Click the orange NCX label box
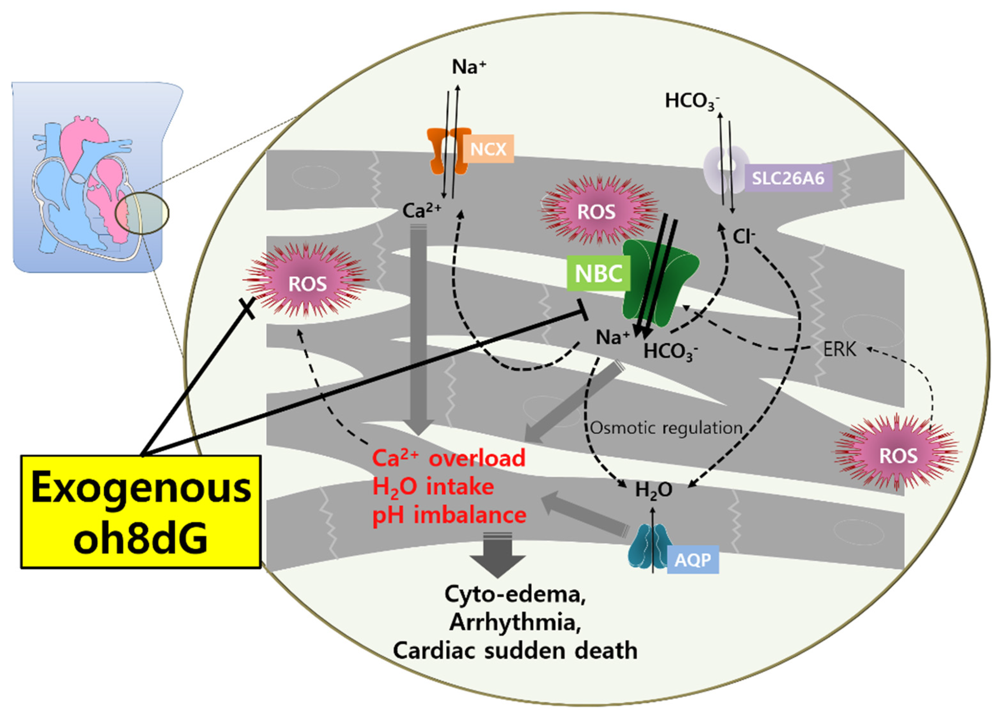click(488, 149)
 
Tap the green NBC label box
click(598, 274)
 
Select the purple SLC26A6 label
click(788, 178)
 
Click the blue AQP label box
click(692, 560)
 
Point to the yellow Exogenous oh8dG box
click(141, 512)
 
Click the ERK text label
click(840, 350)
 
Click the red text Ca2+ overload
click(448, 458)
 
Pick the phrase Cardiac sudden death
click(515, 650)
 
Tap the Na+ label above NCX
click(469, 67)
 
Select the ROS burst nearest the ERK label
click(897, 455)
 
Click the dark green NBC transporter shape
click(660, 284)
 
